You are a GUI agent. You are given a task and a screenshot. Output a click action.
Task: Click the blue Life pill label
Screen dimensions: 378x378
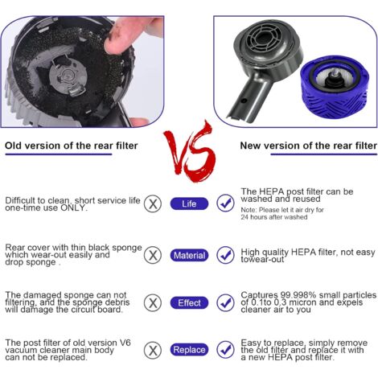click(189, 204)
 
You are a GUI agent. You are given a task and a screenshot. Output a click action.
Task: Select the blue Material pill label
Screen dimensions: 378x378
click(189, 255)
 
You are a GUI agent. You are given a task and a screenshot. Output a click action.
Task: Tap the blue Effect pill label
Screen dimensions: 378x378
click(189, 303)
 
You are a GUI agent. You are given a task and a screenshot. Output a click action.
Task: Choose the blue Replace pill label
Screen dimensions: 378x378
click(189, 350)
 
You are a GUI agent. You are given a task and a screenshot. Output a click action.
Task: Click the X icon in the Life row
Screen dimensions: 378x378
click(151, 204)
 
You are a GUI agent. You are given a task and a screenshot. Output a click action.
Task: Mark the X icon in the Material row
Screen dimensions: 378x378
click(151, 255)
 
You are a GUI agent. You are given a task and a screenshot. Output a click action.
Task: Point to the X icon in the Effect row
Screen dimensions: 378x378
click(151, 303)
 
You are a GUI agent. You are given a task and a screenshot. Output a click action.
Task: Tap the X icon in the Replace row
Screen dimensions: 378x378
click(151, 350)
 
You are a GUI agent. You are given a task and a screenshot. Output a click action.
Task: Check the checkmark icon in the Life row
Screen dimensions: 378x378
click(226, 204)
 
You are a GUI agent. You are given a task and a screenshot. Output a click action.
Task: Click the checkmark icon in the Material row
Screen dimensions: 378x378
click(226, 255)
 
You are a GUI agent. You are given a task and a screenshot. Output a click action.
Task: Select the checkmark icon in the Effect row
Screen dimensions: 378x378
click(226, 303)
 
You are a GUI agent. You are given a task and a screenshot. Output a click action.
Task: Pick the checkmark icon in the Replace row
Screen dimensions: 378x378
click(226, 350)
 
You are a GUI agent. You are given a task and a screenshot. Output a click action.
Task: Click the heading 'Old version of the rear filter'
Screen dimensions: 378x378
click(72, 146)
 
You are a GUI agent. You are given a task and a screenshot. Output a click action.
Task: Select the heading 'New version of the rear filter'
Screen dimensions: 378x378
click(308, 146)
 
